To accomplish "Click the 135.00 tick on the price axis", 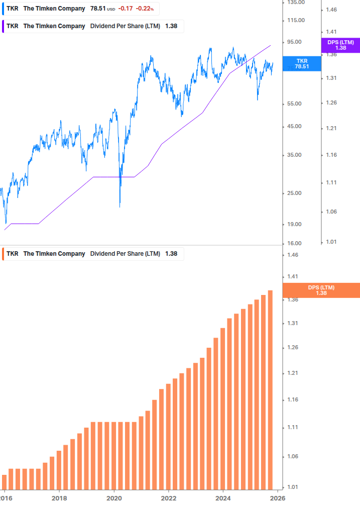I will [x=295, y=3].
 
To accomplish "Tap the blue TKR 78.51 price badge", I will [x=302, y=63].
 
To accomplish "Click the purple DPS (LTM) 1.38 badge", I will [x=340, y=45].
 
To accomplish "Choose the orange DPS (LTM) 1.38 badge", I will [x=321, y=290].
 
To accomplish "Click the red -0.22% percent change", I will [x=145, y=9].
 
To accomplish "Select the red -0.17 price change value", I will [x=125, y=9].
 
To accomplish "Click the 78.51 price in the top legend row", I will [x=98, y=9].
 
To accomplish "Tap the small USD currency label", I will [x=111, y=10].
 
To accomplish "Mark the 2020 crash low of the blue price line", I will [x=119, y=206].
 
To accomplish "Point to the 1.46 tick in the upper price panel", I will [x=331, y=10].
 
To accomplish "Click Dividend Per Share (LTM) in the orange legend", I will [x=125, y=254].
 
